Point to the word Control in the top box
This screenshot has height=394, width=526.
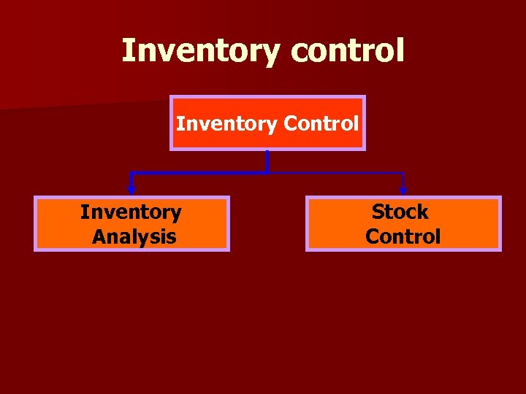click(321, 123)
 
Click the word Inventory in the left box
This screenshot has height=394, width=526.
click(131, 212)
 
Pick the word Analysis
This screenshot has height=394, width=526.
click(134, 236)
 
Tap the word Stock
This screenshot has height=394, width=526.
click(400, 212)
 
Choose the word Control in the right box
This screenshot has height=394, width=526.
click(403, 236)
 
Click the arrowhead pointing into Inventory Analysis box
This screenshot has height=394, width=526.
click(131, 190)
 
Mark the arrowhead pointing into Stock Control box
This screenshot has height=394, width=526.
click(403, 190)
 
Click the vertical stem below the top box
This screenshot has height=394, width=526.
click(267, 161)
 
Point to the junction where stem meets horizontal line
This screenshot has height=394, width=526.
click(267, 173)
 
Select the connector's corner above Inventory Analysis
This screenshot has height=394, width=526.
click(131, 174)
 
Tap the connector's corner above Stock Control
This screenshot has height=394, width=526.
click(403, 174)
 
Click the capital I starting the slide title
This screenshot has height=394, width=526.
click(127, 51)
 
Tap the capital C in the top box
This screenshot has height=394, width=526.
click(289, 123)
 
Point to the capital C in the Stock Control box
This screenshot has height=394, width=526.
click(373, 236)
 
